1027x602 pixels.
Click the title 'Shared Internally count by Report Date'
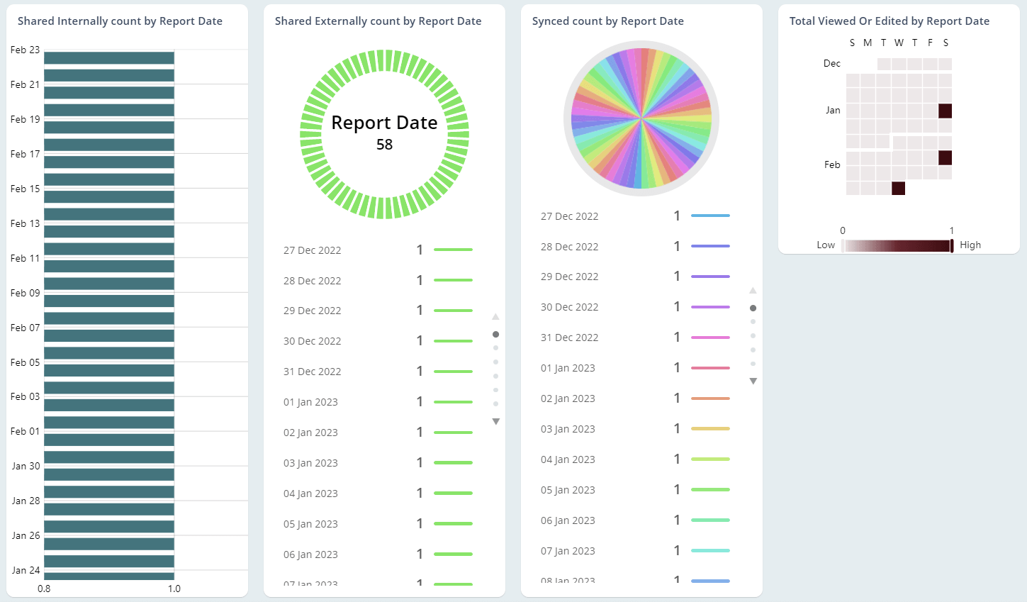120,21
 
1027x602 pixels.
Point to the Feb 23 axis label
25,50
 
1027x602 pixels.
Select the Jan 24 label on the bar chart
26,570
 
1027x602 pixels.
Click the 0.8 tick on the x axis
44,589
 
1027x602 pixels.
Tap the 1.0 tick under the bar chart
174,589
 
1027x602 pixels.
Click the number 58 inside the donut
384,145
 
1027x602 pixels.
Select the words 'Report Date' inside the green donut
384,123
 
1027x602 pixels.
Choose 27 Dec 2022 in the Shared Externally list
312,250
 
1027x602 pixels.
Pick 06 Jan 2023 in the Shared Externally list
310,554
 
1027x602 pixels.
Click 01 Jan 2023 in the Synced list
568,368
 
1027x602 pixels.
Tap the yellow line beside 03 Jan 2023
710,429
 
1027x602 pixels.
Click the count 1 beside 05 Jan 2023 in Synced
677,490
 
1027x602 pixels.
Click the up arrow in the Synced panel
753,291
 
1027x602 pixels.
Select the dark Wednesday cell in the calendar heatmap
898,188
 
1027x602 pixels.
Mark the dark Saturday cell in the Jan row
945,111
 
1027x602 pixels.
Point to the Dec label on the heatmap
831,64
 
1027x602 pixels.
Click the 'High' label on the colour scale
970,245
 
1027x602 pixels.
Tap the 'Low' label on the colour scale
826,245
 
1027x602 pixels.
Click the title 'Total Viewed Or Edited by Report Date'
889,21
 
